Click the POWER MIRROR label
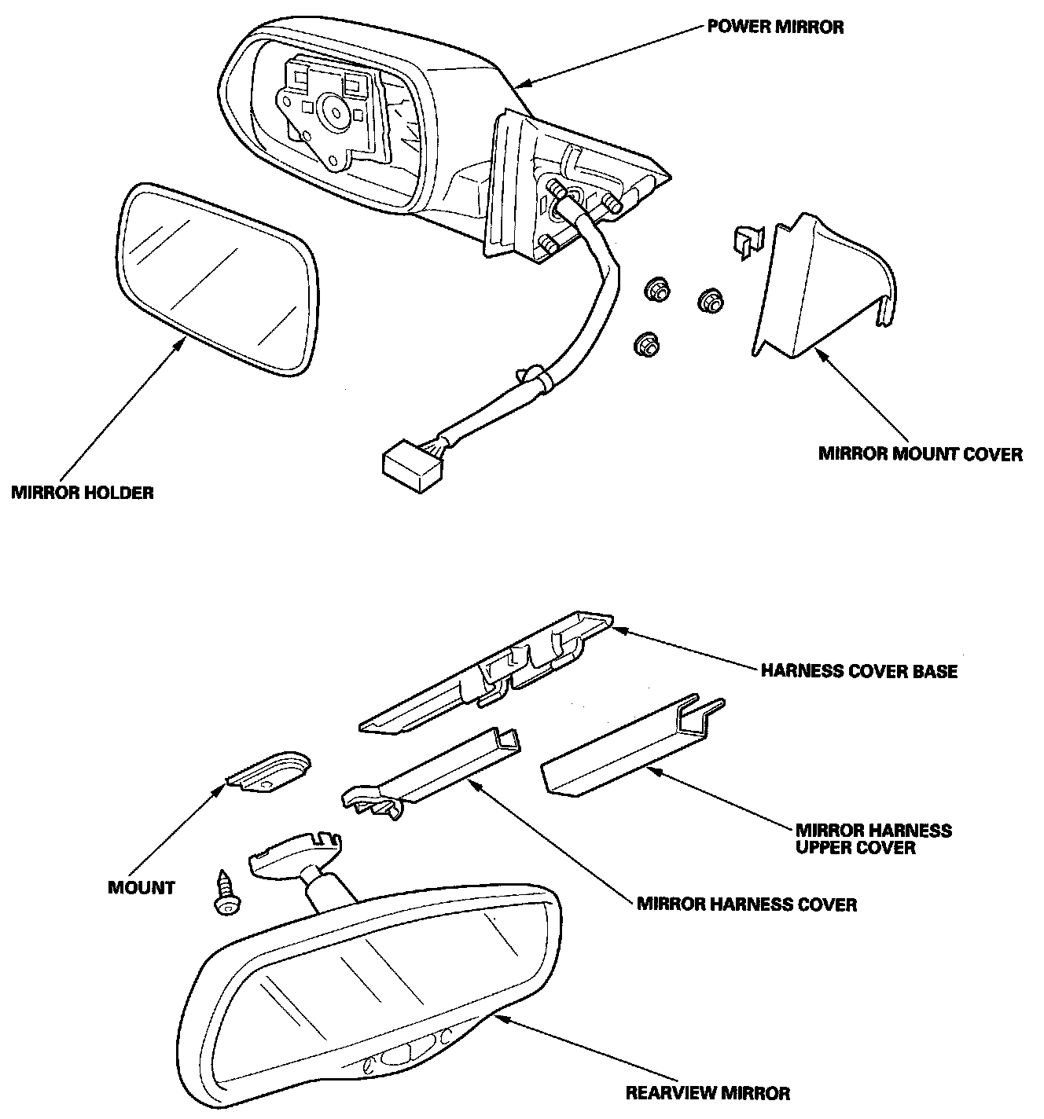point(775,27)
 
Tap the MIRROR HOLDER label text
point(83,493)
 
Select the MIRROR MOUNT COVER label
point(921,454)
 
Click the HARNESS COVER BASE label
point(859,671)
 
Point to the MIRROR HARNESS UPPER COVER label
point(873,838)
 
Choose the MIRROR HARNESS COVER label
point(747,904)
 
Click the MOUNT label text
point(142,888)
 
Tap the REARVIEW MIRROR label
point(708,1092)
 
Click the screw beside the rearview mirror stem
point(226,892)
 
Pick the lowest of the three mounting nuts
point(646,344)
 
